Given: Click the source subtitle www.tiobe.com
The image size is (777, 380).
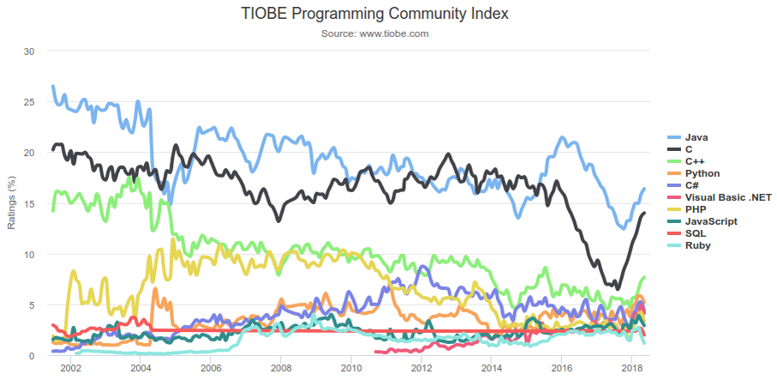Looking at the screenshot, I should (374, 33).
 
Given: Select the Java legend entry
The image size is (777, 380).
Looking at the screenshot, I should (697, 137).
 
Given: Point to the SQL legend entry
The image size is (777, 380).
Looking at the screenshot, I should (695, 233).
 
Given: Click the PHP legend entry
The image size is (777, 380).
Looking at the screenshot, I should (695, 209).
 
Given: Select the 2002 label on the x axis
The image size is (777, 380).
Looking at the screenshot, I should (70, 368).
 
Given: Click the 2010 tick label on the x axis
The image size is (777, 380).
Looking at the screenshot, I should (351, 368).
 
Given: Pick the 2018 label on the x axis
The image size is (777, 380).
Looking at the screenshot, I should (632, 368).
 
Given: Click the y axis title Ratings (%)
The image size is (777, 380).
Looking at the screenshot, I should (12, 203).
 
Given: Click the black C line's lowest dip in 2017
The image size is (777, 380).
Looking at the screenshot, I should (617, 288).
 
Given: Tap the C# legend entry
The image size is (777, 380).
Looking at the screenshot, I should (692, 185).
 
